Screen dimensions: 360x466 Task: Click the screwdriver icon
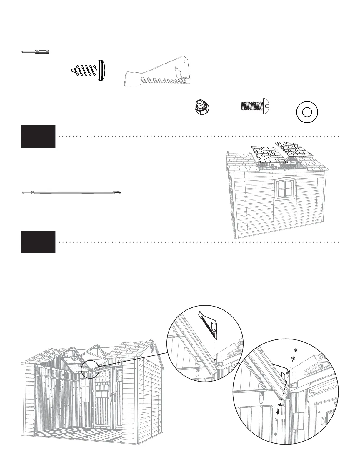pyautogui.click(x=35, y=52)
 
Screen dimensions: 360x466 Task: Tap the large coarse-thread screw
pyautogui.click(x=89, y=71)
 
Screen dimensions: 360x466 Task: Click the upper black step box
pyautogui.click(x=38, y=136)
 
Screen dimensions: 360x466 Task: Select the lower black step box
pyautogui.click(x=38, y=242)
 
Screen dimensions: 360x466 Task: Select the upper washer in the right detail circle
pyautogui.click(x=293, y=358)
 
